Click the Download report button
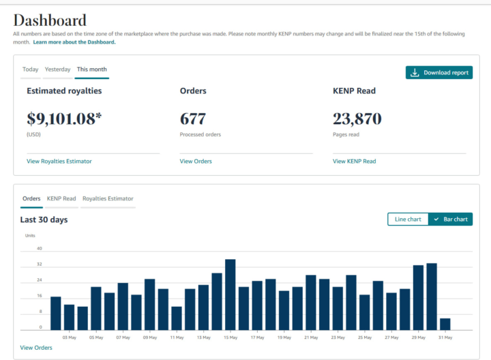tap(439, 73)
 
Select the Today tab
tap(31, 69)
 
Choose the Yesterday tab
tap(57, 69)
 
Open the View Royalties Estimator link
tap(59, 161)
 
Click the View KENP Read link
tap(354, 161)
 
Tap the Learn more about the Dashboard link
tap(74, 42)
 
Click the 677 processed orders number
tap(193, 119)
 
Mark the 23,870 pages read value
tap(357, 119)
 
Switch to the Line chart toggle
tap(408, 219)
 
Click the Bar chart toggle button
tap(451, 219)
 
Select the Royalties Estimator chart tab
tap(108, 198)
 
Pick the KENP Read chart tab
tap(61, 198)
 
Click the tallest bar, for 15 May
tap(230, 295)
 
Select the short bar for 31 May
tap(445, 324)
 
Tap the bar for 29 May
tap(418, 297)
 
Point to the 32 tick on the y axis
tap(40, 265)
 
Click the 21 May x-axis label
tap(311, 337)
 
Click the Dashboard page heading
tap(50, 20)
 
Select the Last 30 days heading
tap(44, 220)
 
